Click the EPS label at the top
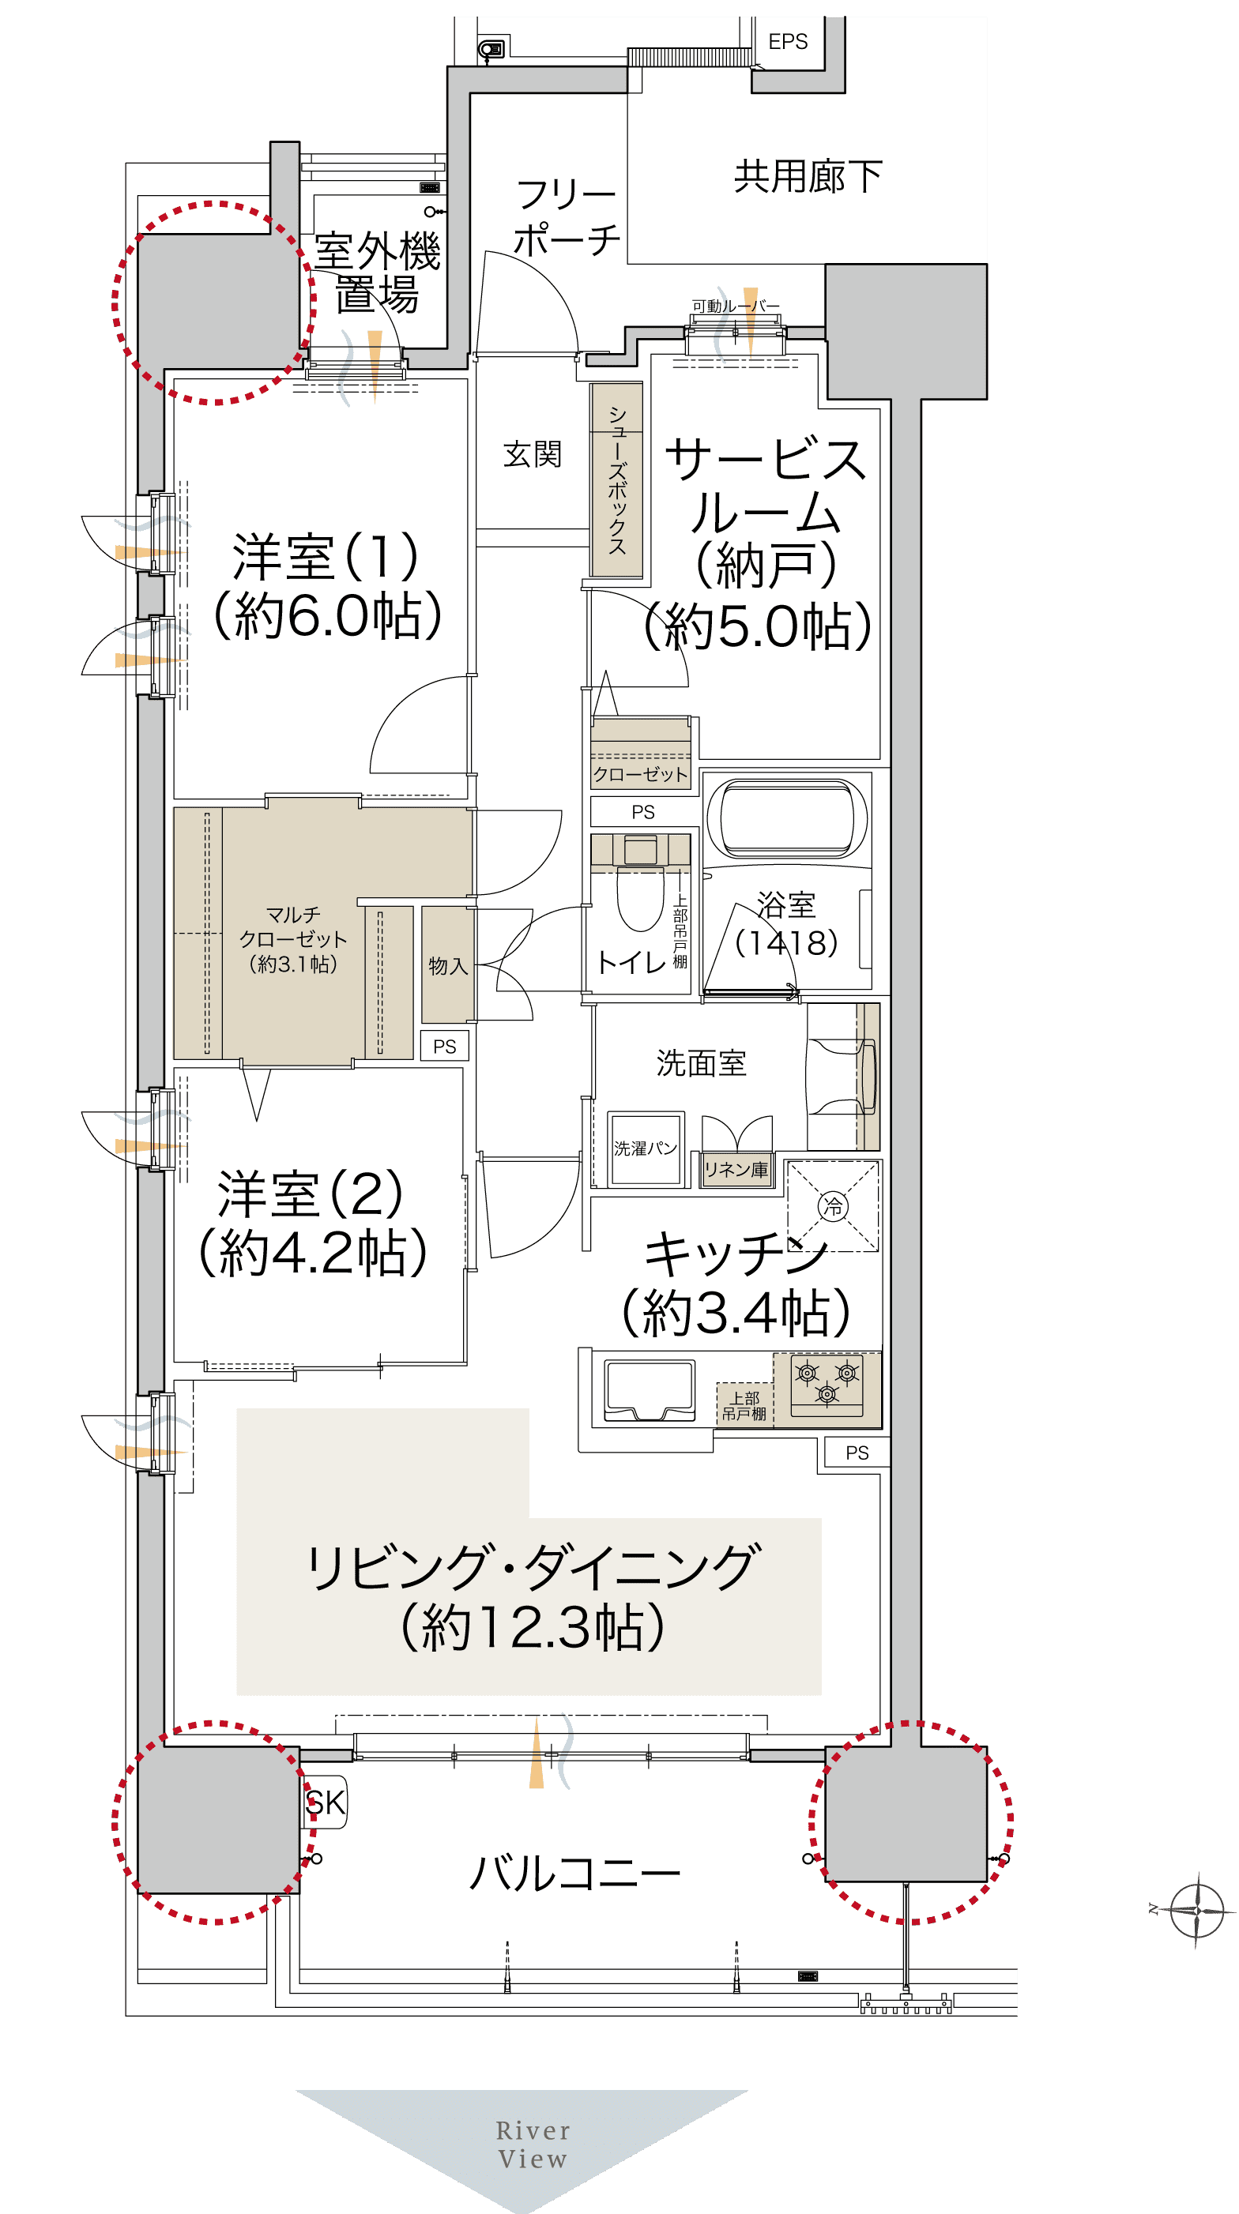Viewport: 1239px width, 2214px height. click(x=788, y=41)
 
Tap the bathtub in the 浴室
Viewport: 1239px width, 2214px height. click(x=787, y=818)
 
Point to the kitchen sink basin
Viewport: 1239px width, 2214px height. click(x=650, y=1389)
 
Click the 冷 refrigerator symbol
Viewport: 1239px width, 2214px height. click(x=832, y=1206)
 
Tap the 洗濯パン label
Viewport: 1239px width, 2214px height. click(x=645, y=1148)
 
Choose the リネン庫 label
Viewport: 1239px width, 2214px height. click(x=736, y=1170)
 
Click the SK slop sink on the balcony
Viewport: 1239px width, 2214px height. click(x=325, y=1802)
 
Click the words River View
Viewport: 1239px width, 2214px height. click(x=533, y=2144)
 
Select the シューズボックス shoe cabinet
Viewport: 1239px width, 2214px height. click(x=616, y=479)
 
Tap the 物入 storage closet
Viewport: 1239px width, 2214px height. click(x=447, y=964)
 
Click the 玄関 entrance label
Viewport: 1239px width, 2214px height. click(x=533, y=454)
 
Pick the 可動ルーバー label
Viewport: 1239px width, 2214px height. click(x=736, y=306)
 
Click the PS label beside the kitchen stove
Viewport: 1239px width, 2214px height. click(x=857, y=1453)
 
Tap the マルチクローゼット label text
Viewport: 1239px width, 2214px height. click(x=293, y=938)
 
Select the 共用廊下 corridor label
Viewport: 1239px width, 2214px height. click(x=808, y=176)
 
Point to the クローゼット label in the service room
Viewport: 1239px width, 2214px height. click(x=641, y=774)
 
